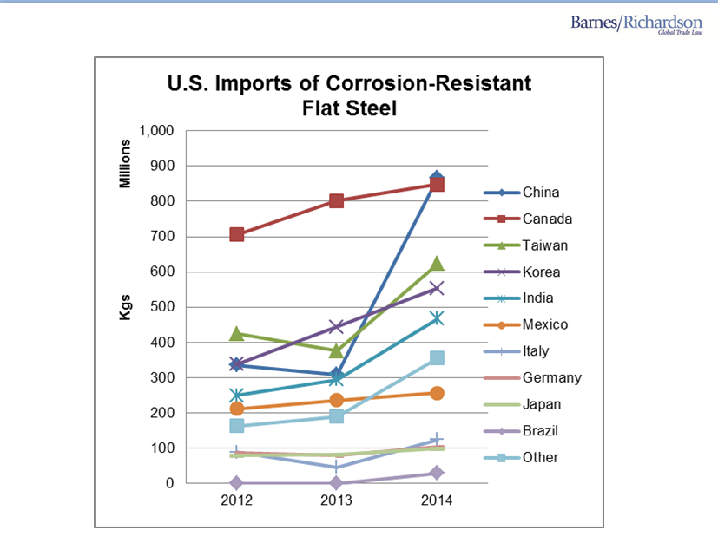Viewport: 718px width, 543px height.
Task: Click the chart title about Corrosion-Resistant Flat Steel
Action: pos(348,96)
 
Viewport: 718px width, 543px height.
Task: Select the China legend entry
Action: pos(540,193)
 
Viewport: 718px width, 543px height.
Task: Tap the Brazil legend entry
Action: pos(540,431)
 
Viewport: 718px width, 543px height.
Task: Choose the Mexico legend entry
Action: pos(545,324)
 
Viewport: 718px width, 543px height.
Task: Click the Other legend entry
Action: pos(540,457)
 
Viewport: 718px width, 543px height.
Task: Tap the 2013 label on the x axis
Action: pos(336,501)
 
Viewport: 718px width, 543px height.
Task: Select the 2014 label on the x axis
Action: pos(436,501)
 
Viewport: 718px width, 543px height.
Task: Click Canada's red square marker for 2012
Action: pos(236,234)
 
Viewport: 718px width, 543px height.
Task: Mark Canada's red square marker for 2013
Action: pos(336,201)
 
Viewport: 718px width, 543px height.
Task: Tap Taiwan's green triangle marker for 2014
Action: pos(436,263)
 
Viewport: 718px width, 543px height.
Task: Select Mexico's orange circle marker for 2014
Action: pos(436,393)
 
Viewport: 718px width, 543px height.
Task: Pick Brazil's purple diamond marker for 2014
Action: pos(436,473)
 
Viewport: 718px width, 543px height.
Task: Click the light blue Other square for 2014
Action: pos(436,358)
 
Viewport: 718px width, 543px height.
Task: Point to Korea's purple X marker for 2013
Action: pos(336,327)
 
